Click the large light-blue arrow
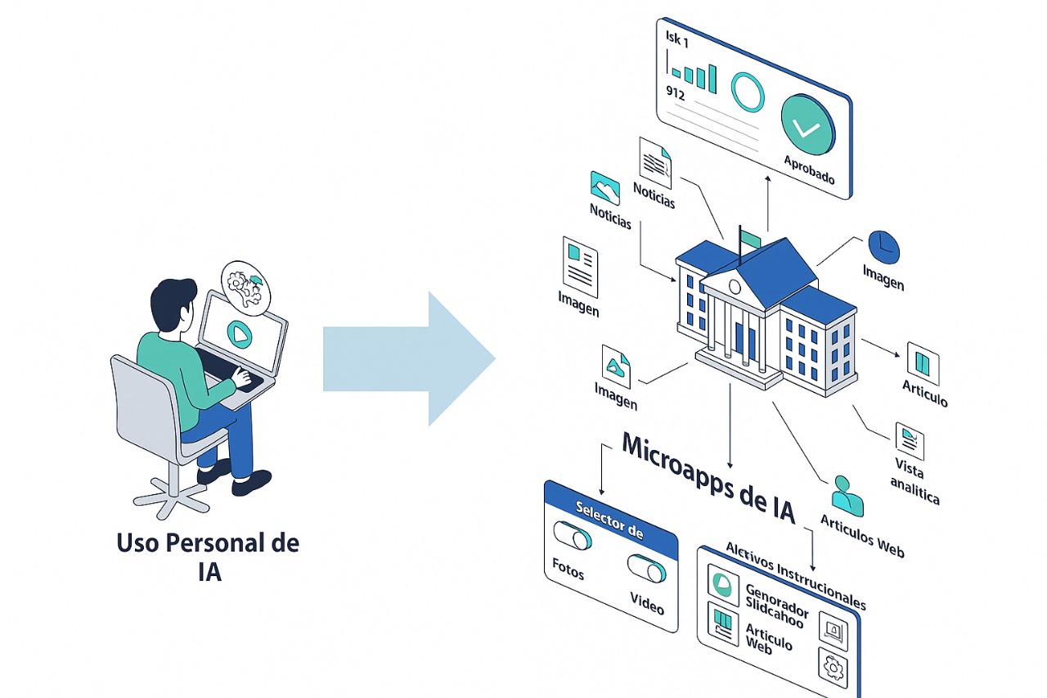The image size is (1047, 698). (x=409, y=358)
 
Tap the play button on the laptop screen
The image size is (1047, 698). (x=238, y=333)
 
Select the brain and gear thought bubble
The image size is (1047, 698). (x=246, y=287)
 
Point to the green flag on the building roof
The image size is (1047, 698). (x=750, y=238)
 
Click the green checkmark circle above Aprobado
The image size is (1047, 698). (x=807, y=124)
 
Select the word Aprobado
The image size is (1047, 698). (x=809, y=169)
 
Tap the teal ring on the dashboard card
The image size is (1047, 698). (x=747, y=92)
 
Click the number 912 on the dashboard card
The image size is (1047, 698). (x=676, y=91)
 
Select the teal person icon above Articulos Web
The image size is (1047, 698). (x=847, y=495)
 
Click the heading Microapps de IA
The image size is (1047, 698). (x=708, y=475)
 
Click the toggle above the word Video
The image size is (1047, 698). (x=647, y=567)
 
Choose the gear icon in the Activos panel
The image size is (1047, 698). (x=833, y=668)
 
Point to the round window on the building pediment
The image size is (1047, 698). (x=735, y=287)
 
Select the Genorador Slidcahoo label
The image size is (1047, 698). (x=776, y=603)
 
